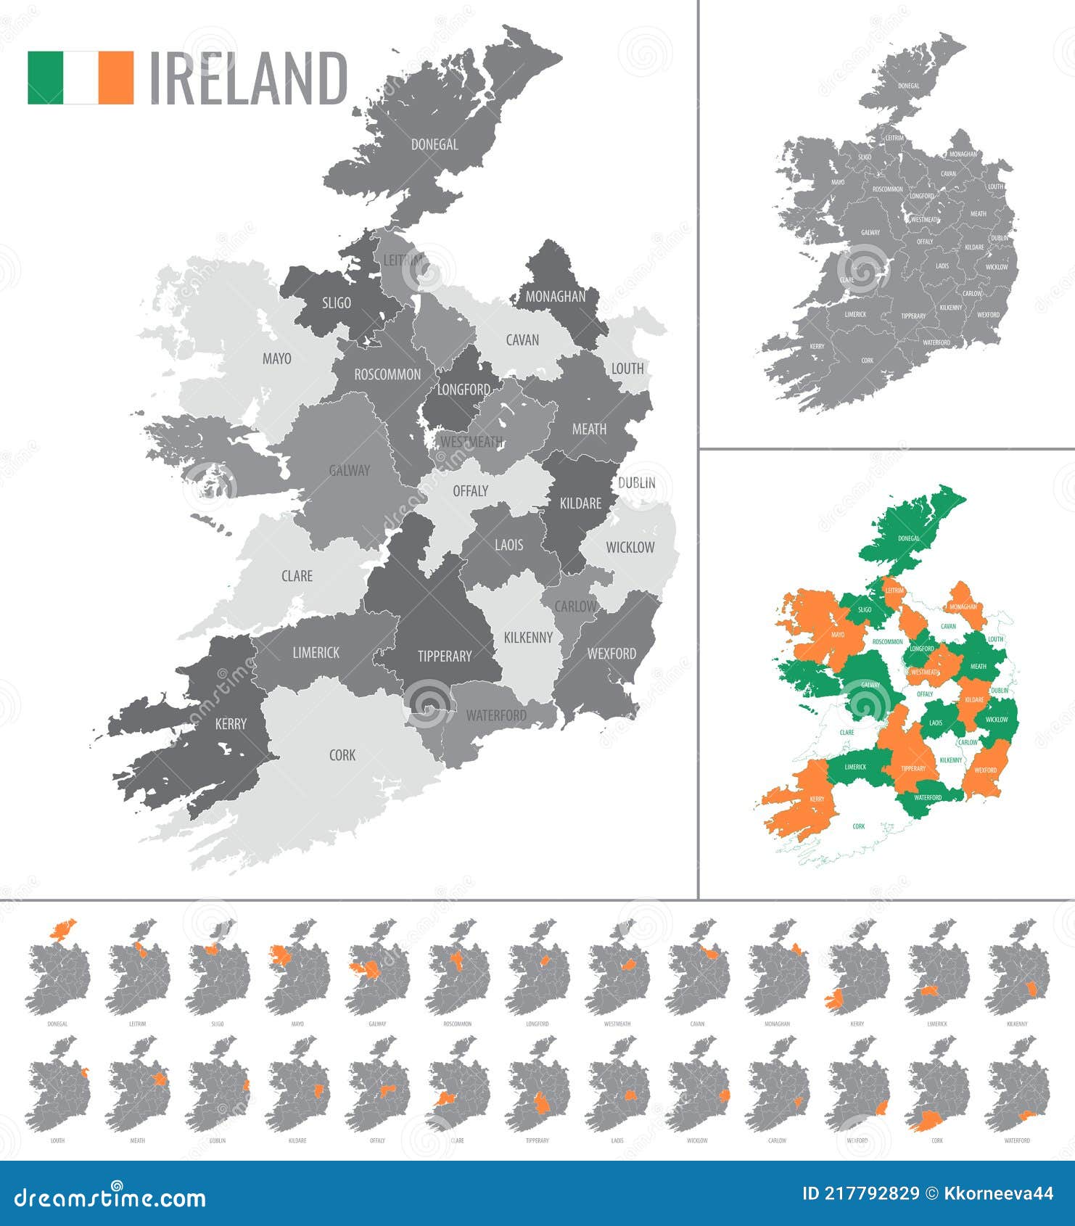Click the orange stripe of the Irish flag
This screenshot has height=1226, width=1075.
116,78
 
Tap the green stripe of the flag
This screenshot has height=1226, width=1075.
45,78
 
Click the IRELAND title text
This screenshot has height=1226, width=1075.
248,78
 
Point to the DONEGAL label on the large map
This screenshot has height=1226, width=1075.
434,144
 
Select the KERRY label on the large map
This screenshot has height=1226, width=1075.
231,723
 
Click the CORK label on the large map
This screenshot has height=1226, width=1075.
342,755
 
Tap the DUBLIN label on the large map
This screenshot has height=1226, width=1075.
637,482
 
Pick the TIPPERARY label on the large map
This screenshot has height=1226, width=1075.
445,656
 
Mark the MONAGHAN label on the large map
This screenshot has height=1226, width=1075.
556,296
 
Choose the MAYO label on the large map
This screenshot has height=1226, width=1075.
276,358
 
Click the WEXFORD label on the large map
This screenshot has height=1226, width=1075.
611,654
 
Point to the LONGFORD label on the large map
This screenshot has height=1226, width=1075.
464,390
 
